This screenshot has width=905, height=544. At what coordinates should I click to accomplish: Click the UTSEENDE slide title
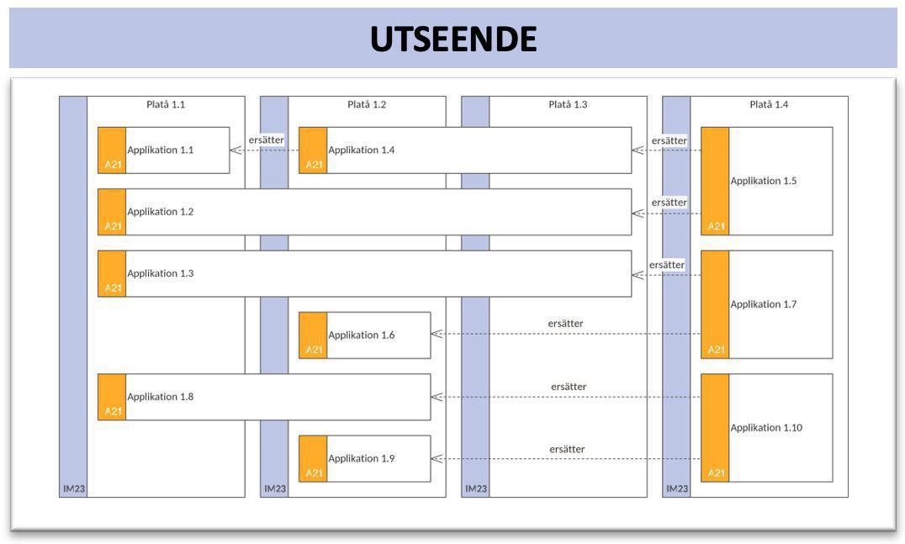pos(452,39)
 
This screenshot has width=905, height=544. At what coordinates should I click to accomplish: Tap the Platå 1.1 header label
pos(166,105)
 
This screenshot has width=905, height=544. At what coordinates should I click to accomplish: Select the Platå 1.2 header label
pos(367,105)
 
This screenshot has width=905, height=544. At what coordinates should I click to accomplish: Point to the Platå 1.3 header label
pos(568,105)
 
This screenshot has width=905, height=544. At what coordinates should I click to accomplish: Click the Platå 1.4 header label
pos(769,105)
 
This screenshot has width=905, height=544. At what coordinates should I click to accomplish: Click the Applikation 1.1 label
pos(160,151)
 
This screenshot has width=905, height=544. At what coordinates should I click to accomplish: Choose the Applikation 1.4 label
pos(361,151)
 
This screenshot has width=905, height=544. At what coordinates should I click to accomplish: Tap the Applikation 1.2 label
pos(160,212)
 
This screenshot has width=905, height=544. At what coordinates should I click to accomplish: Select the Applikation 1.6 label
pos(361,335)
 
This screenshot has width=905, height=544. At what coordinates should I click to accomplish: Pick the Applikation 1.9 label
pos(361,459)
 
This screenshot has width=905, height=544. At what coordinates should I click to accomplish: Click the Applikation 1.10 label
pos(766,428)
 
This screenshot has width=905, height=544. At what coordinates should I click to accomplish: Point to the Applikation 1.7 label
pos(763,304)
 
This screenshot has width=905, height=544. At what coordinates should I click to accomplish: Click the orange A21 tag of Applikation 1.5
pos(716,226)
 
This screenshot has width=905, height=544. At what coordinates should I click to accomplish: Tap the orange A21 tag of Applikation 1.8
pos(113,411)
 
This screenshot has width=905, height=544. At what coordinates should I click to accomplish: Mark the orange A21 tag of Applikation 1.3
pos(113,288)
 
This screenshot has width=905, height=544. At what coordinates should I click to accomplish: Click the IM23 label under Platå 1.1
pos(73,489)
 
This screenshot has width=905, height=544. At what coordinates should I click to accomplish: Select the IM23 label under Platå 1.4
pos(677,489)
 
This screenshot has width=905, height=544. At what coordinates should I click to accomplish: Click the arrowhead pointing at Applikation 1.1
pos(236,151)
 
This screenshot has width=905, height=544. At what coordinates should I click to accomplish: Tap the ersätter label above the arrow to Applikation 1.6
pos(565,324)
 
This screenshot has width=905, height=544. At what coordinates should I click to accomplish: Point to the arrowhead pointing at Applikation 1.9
pos(437,459)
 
